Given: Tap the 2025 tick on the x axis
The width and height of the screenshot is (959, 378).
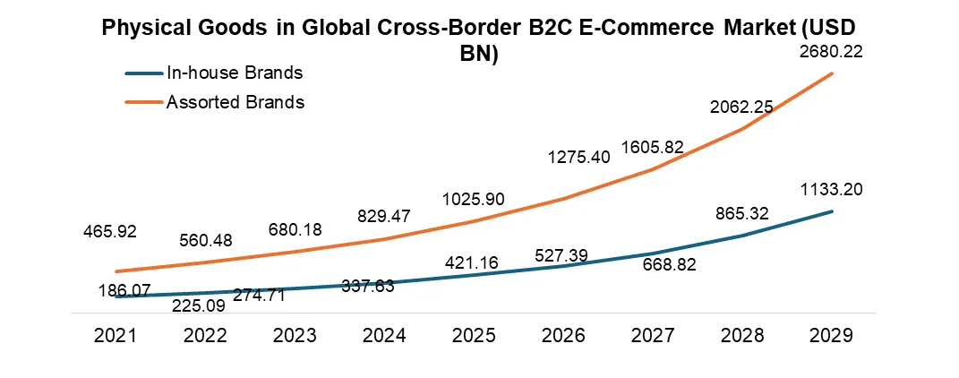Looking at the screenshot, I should [475, 336].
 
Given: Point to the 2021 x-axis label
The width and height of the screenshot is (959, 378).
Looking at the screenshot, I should [116, 336].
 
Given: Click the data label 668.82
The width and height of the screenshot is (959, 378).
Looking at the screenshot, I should [666, 265].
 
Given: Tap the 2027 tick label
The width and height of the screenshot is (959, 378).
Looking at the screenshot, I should [654, 336].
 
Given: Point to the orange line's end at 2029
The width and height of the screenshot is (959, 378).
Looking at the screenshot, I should [833, 73].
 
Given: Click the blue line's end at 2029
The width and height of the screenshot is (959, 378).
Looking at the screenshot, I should [833, 211].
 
